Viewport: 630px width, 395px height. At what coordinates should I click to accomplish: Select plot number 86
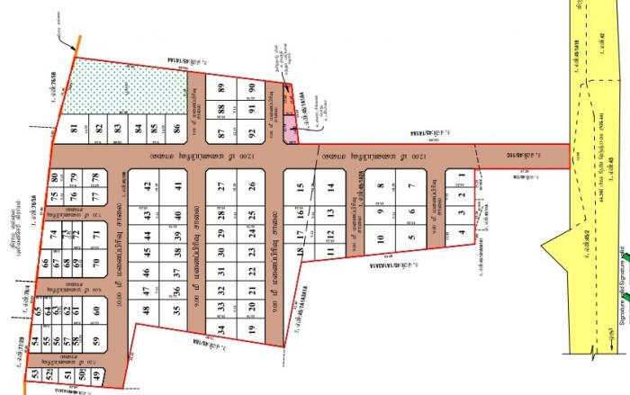pyautogui.click(x=177, y=129)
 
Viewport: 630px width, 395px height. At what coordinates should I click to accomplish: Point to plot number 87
pyautogui.click(x=220, y=133)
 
